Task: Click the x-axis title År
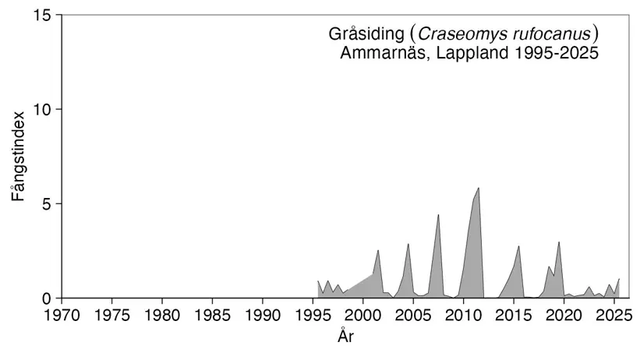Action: pyautogui.click(x=347, y=337)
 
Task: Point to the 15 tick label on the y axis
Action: pyautogui.click(x=42, y=15)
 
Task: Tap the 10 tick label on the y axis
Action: pyautogui.click(x=42, y=109)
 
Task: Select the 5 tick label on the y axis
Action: pyautogui.click(x=47, y=203)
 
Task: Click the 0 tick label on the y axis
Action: pyautogui.click(x=47, y=298)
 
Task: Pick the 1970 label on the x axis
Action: pyautogui.click(x=62, y=316)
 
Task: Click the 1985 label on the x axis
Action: pyautogui.click(x=212, y=316)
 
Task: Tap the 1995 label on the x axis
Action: pyautogui.click(x=313, y=316)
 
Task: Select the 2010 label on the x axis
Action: pyautogui.click(x=463, y=316)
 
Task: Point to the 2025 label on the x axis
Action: pyautogui.click(x=613, y=316)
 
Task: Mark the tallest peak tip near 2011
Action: pyautogui.click(x=478, y=188)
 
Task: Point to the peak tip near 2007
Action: pyautogui.click(x=438, y=214)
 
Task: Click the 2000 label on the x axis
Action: pyautogui.click(x=362, y=316)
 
